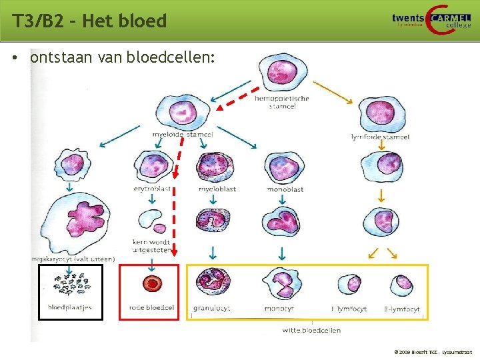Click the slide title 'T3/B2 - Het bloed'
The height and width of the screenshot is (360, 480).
point(89,21)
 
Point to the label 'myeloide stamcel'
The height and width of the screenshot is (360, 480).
point(183,135)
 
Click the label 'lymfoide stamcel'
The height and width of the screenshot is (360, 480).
point(380,137)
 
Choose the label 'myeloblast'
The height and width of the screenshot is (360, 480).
point(217,189)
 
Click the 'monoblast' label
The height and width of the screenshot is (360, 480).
point(285,189)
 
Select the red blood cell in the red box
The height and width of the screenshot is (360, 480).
point(153,283)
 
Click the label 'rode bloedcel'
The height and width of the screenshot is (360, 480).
point(151,308)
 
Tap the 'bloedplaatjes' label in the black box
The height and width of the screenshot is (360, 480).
point(69,308)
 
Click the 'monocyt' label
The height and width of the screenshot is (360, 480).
point(279,309)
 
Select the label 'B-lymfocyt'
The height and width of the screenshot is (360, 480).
point(402,309)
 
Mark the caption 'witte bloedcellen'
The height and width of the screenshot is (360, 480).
point(311,330)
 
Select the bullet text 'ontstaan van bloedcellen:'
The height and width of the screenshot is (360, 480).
point(123,58)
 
